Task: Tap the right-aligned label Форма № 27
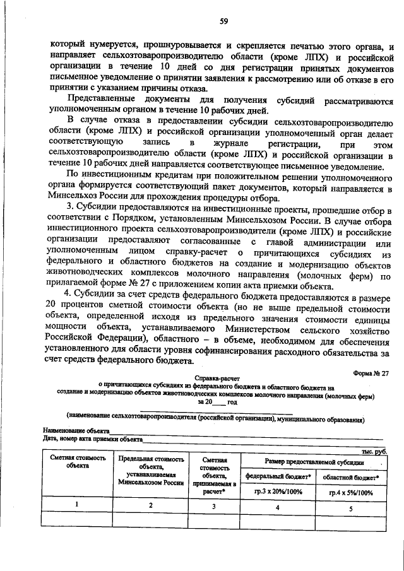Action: (371, 373)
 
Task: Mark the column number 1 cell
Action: (77, 505)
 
